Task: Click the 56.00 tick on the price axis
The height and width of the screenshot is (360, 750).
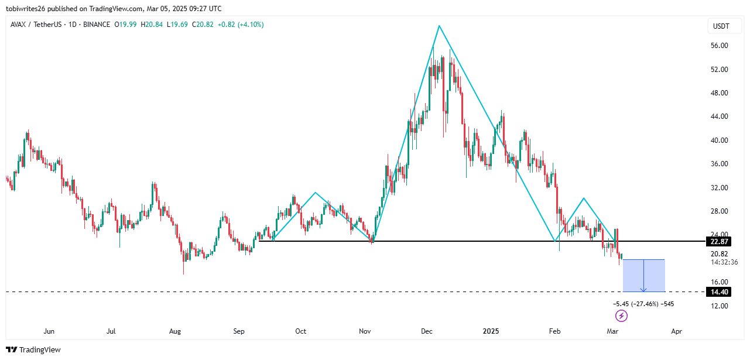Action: click(720, 46)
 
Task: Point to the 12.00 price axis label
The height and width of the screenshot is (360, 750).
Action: click(720, 306)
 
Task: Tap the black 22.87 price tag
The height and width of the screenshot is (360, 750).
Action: click(720, 242)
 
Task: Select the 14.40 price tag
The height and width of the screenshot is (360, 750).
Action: click(720, 292)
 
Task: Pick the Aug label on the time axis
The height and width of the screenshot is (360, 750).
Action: click(174, 331)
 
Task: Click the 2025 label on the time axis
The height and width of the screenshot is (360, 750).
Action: click(491, 331)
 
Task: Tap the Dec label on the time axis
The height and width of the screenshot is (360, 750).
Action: click(427, 331)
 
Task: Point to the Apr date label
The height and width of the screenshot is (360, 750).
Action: click(677, 331)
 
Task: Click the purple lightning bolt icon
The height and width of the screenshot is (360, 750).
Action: click(622, 316)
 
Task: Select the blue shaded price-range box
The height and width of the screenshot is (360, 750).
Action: click(643, 275)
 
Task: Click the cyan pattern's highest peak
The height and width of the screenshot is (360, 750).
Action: click(439, 26)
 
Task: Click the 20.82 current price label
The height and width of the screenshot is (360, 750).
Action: click(720, 253)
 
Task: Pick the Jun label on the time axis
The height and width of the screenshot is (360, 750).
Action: click(49, 331)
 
